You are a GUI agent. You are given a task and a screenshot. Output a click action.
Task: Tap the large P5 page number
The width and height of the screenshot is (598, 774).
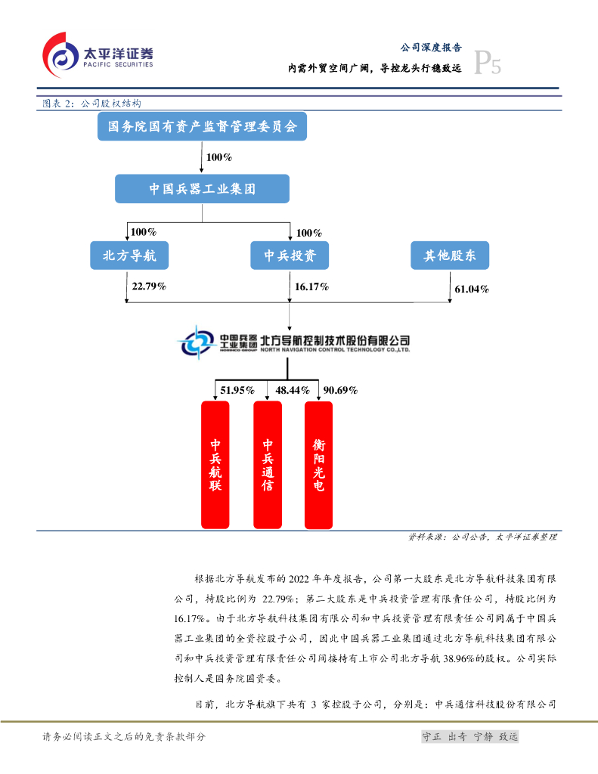pyautogui.click(x=488, y=64)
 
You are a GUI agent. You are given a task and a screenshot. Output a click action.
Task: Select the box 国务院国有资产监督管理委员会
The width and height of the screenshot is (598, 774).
pyautogui.click(x=202, y=127)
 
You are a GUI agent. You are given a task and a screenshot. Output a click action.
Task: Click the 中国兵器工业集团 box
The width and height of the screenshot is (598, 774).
pyautogui.click(x=202, y=189)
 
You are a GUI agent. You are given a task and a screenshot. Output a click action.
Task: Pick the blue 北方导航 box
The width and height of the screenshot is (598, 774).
pyautogui.click(x=124, y=255)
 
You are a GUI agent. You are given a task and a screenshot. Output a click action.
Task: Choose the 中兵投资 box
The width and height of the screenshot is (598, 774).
pyautogui.click(x=290, y=255)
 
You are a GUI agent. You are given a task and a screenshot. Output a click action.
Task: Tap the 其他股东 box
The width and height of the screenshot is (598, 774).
pyautogui.click(x=450, y=255)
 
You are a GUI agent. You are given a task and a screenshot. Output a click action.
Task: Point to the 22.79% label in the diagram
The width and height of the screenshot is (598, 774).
pyautogui.click(x=149, y=286)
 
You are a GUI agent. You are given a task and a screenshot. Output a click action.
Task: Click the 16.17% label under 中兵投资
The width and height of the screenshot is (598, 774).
pyautogui.click(x=312, y=286)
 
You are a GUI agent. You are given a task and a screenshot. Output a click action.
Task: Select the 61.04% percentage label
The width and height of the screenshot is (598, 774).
pyautogui.click(x=473, y=289)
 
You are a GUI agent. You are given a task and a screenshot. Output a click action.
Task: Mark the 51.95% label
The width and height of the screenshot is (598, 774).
pyautogui.click(x=236, y=390)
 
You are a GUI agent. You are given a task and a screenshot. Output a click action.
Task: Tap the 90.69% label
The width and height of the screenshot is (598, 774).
pyautogui.click(x=340, y=390)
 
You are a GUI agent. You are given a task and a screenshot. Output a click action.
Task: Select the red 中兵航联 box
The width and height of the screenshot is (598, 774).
pyautogui.click(x=215, y=464)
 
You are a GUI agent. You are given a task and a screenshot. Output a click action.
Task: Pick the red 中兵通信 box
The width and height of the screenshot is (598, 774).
pyautogui.click(x=268, y=464)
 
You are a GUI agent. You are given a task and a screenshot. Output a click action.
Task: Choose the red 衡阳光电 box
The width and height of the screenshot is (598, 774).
pyautogui.click(x=319, y=464)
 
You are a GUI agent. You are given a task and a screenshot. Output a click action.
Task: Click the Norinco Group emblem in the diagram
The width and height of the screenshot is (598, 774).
pyautogui.click(x=196, y=342)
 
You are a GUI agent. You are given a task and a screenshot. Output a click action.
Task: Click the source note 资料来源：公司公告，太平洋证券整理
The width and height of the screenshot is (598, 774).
pyautogui.click(x=482, y=537)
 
